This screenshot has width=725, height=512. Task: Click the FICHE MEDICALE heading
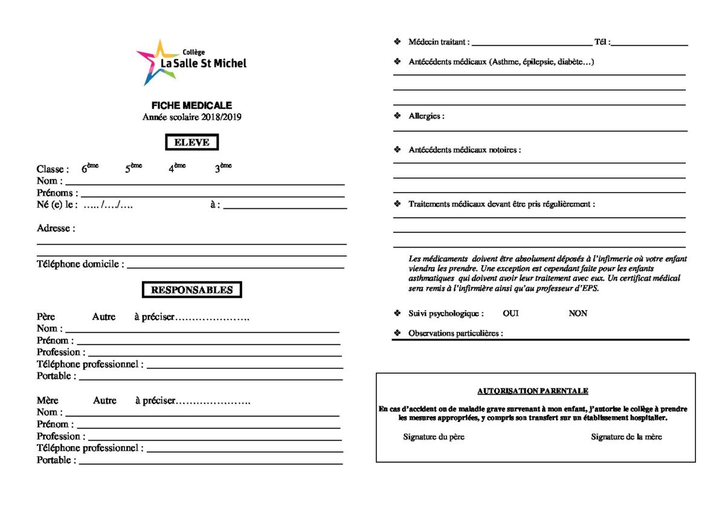pyautogui.click(x=192, y=105)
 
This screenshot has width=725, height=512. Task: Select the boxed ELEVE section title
pyautogui.click(x=192, y=142)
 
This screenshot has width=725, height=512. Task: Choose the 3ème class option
pyautogui.click(x=223, y=168)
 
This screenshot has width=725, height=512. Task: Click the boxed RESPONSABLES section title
pyautogui.click(x=192, y=290)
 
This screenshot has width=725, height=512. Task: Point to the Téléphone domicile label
pyautogui.click(x=80, y=264)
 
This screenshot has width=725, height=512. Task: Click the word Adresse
pyautogui.click(x=56, y=228)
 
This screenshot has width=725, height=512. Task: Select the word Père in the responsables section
pyautogui.click(x=46, y=316)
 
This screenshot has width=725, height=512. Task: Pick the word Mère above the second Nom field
pyautogui.click(x=48, y=400)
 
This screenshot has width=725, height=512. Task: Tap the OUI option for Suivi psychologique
pyautogui.click(x=511, y=313)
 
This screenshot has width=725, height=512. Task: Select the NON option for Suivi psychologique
pyautogui.click(x=578, y=313)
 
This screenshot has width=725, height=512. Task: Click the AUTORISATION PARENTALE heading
pyautogui.click(x=533, y=391)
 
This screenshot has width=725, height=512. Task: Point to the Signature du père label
pyautogui.click(x=434, y=437)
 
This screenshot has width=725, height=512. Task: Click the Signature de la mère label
pyautogui.click(x=626, y=437)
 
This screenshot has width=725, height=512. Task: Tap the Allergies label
pyautogui.click(x=426, y=116)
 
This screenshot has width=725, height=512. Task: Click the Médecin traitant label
pyautogui.click(x=439, y=42)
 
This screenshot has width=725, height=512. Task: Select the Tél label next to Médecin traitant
pyautogui.click(x=602, y=42)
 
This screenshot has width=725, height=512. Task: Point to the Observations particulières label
pyautogui.click(x=456, y=333)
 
